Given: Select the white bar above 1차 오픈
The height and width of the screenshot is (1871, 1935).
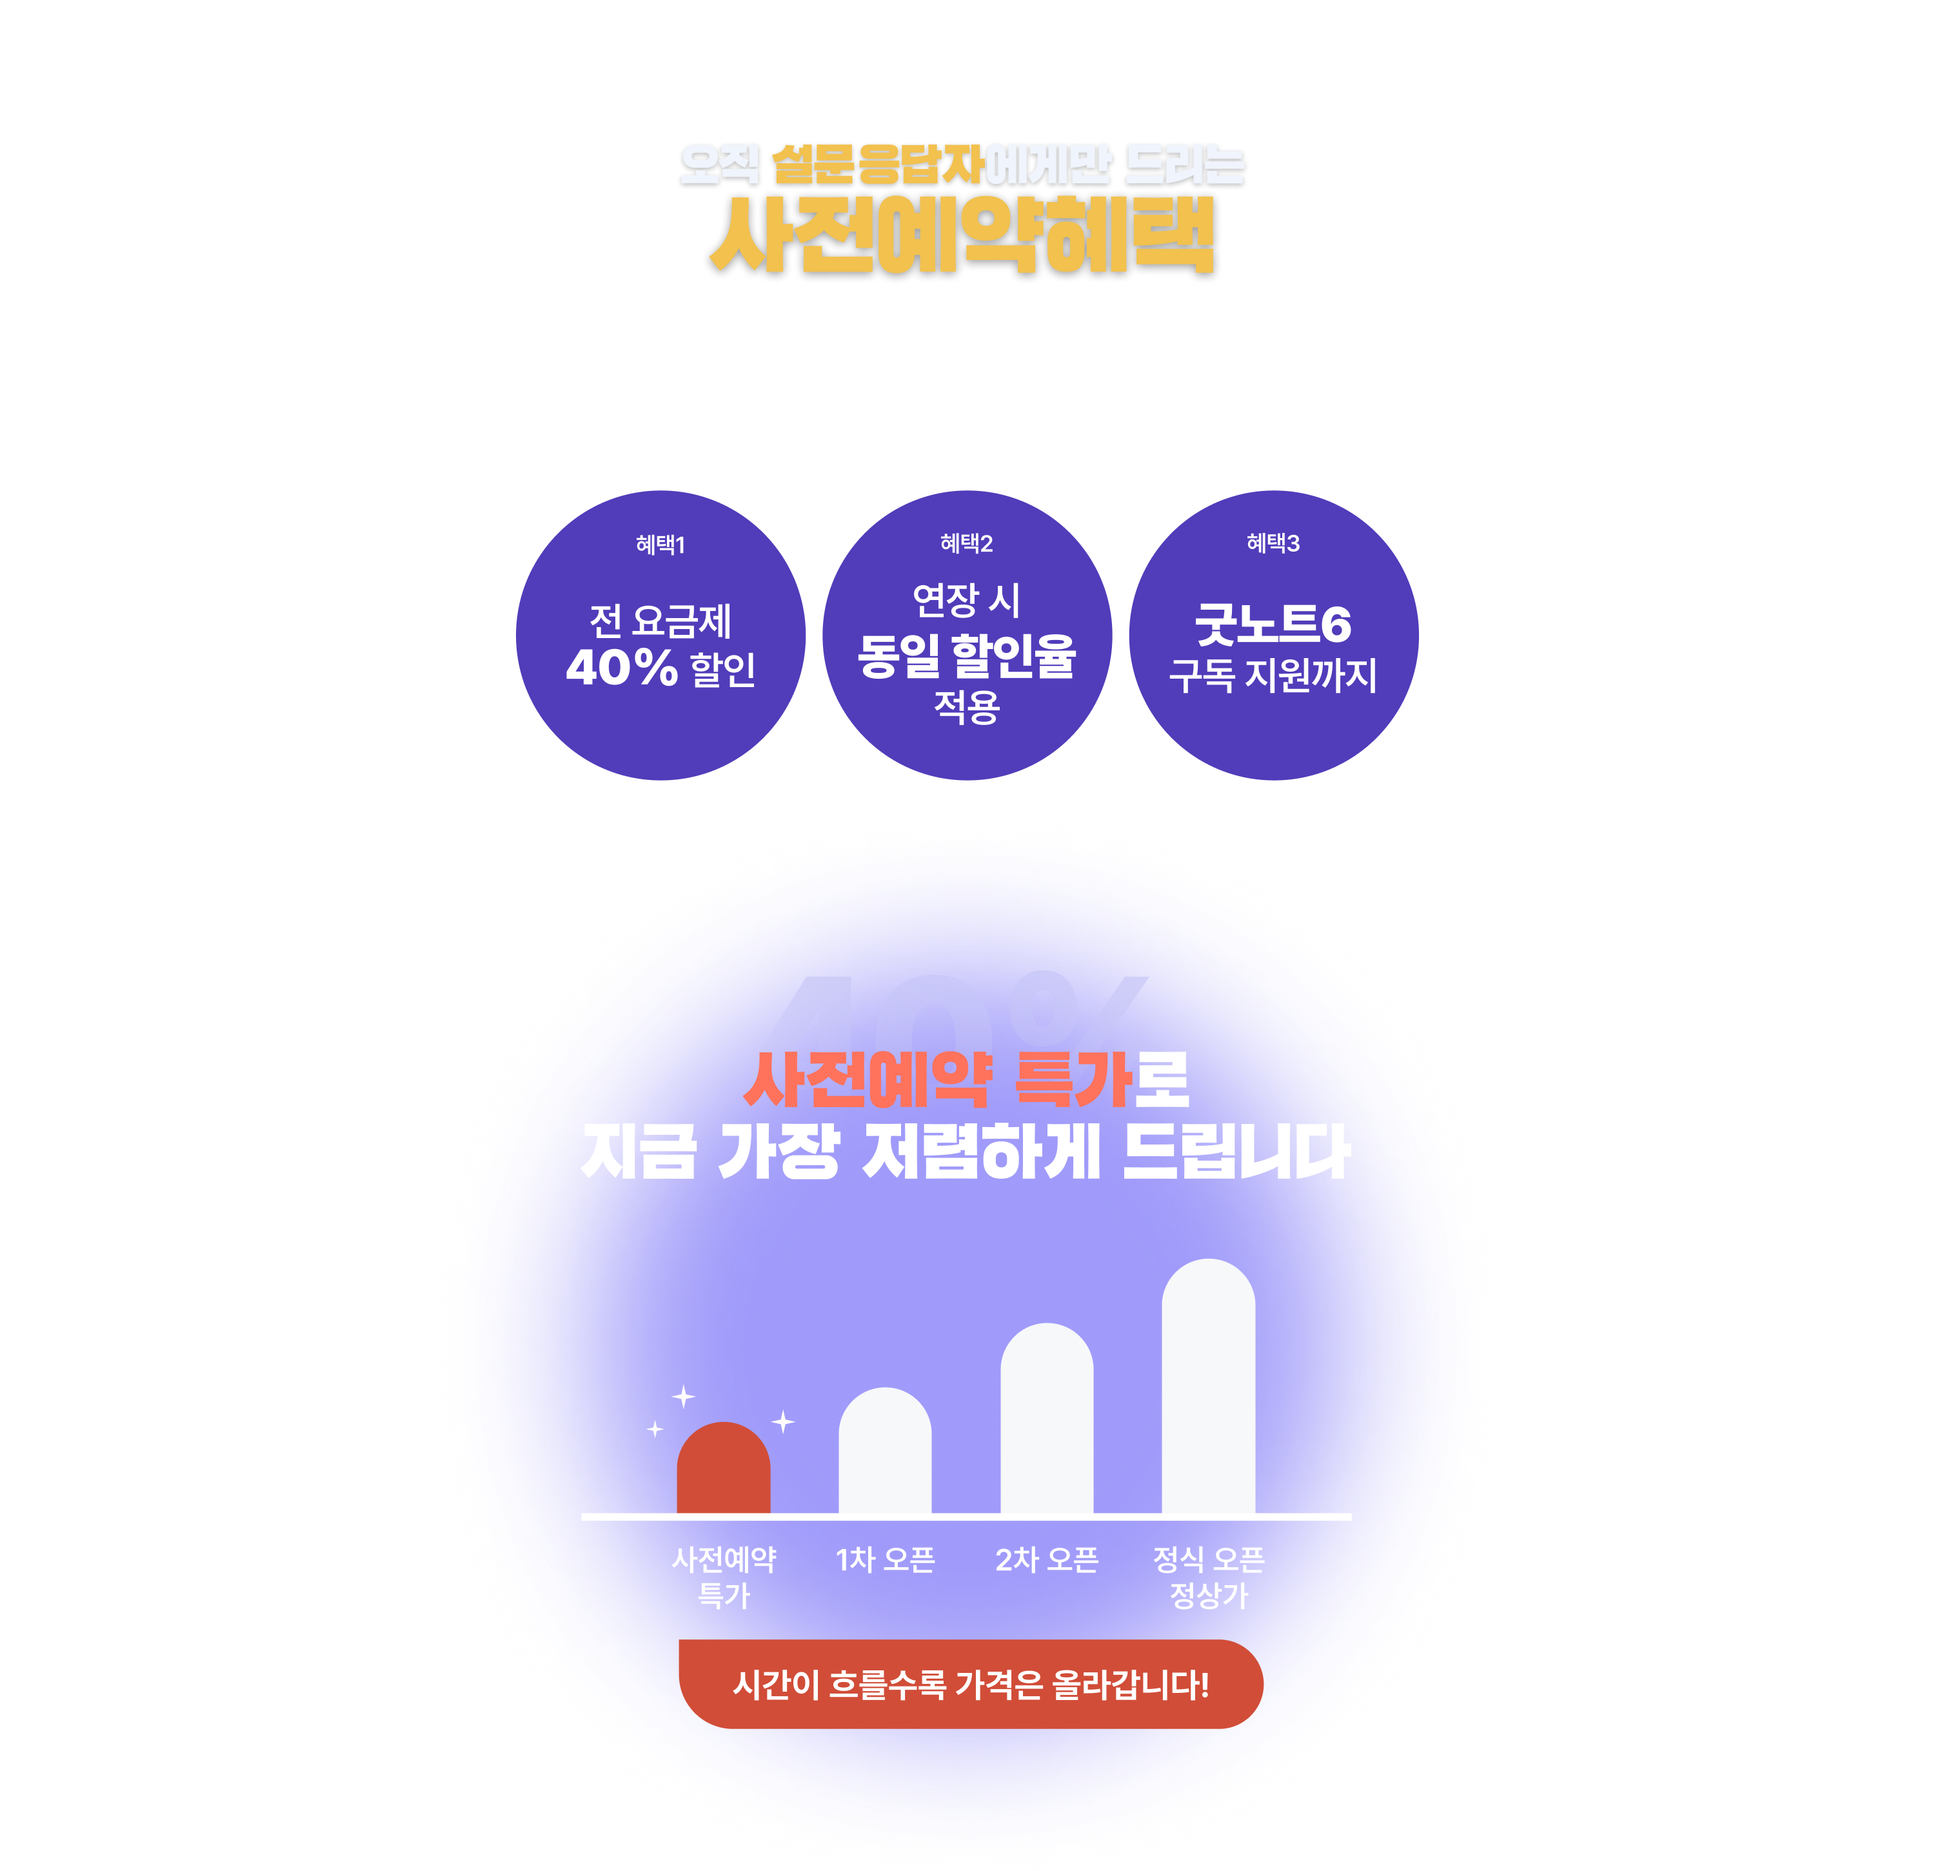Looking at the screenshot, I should (884, 1452).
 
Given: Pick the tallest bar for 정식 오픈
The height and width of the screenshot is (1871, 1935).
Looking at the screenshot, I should (1208, 1387).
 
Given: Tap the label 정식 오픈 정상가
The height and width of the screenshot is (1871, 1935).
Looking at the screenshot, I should (1208, 1577).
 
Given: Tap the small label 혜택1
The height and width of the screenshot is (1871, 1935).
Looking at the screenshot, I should (660, 544).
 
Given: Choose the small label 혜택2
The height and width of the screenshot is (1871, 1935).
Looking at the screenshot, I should (966, 543).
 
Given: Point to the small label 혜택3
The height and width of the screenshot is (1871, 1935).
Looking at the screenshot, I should (1273, 543).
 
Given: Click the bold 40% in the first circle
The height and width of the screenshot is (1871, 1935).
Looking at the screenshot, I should (622, 668).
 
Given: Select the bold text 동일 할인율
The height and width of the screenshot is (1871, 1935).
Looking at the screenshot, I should (966, 655).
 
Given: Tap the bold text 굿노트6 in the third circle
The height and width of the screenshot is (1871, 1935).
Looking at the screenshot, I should (1273, 624).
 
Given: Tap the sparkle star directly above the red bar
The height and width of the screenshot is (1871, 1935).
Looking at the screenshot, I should (683, 1396).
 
